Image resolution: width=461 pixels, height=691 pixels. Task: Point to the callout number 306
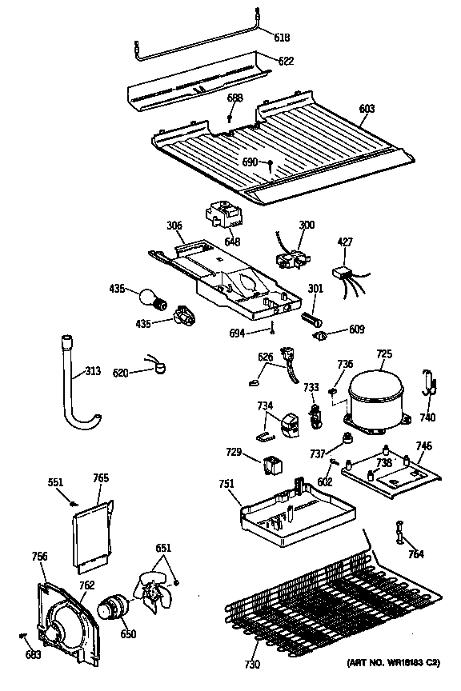(175, 227)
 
